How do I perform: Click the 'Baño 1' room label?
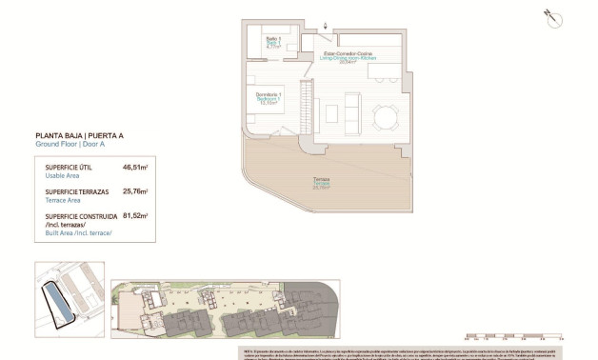(272, 40)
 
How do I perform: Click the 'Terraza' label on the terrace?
(323, 180)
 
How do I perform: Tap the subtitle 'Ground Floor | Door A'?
(68, 145)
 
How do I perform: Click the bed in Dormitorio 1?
(272, 115)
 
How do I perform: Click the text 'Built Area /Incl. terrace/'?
(78, 232)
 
